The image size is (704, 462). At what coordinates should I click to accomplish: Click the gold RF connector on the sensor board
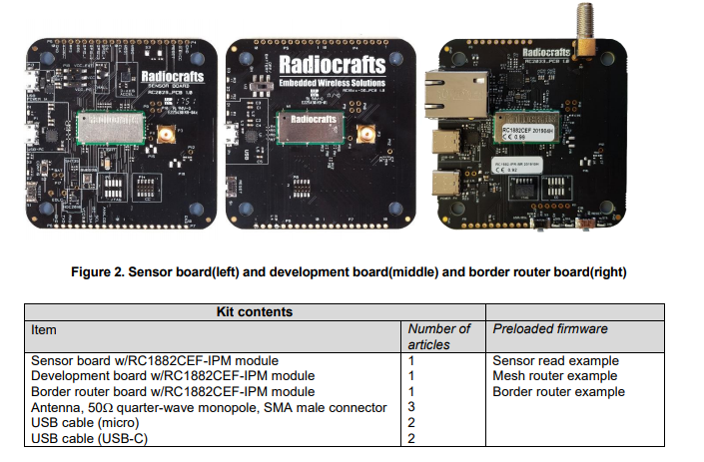pos(165,134)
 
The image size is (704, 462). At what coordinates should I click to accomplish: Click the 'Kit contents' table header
pos(255,311)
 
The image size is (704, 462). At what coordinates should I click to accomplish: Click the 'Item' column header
pos(45,328)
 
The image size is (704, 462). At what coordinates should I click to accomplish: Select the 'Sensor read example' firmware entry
pos(555,360)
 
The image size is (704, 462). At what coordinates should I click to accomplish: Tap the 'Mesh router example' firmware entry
pos(554,376)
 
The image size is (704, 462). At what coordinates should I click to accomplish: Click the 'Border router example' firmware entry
pos(558,391)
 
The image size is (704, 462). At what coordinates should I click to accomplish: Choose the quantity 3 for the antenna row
pos(412,407)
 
